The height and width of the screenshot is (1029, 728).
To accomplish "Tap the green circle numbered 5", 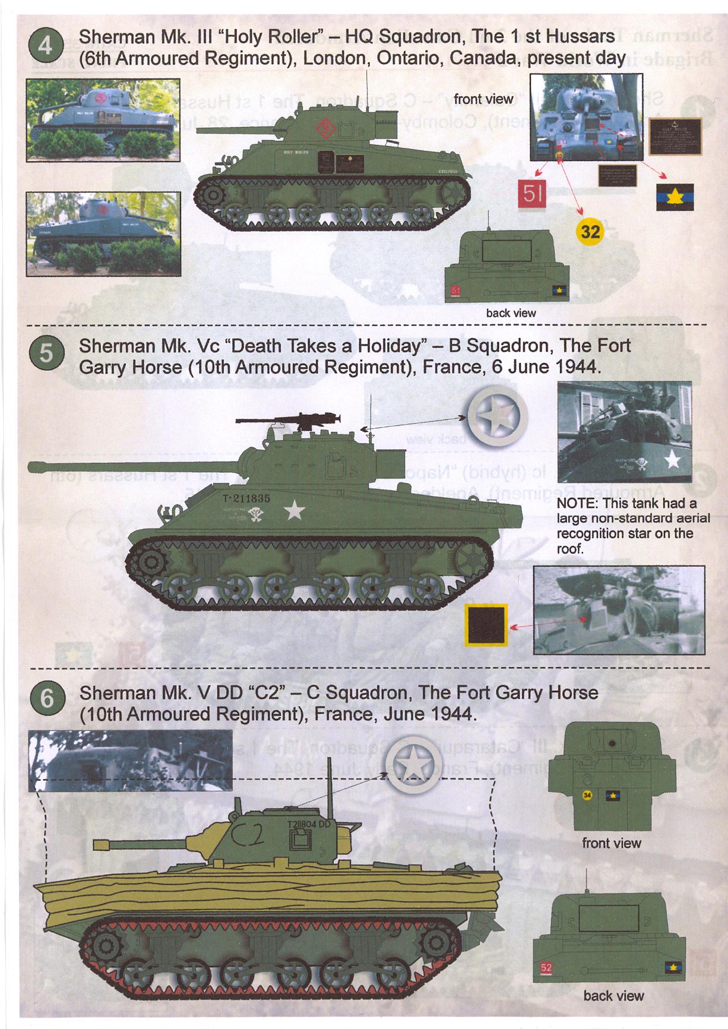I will coord(45,354).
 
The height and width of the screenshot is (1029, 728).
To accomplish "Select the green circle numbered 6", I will coord(46,699).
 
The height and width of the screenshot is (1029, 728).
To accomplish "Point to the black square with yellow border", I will coord(485,625).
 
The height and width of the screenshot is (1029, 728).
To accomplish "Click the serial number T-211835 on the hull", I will coord(246,499).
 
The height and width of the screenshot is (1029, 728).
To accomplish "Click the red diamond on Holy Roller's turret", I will coord(325,127).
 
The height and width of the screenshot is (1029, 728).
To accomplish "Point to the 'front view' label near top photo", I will coord(483,99).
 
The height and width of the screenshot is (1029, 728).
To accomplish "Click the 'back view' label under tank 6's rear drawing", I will coord(613,996).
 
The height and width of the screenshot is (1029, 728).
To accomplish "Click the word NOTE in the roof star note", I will coord(578,504).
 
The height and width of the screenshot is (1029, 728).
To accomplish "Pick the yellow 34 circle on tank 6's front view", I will coord(587,796).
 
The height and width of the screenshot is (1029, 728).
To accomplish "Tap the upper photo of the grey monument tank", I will coord(103,120).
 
